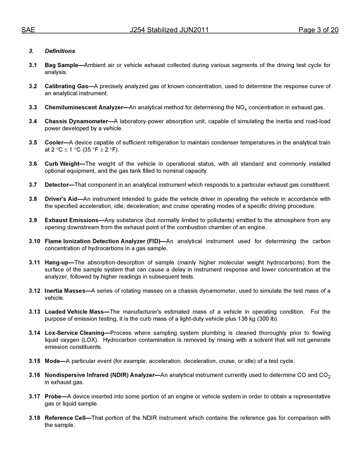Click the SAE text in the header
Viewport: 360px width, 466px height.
coord(28,30)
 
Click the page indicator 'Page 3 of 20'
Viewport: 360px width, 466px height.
coord(318,30)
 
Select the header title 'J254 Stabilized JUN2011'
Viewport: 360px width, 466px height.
coord(169,30)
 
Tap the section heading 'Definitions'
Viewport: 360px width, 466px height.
coord(60,51)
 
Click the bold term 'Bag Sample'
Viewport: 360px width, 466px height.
coord(61,65)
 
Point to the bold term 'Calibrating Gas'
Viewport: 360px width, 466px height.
coord(66,86)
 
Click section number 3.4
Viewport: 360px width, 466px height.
coord(33,122)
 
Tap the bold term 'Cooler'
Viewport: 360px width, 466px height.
coord(54,143)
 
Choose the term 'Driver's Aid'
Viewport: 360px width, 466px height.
coord(61,199)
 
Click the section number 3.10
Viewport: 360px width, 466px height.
coord(34,241)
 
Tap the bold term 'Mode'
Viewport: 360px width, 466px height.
coord(52,361)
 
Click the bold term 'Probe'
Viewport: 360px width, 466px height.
coord(53,397)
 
